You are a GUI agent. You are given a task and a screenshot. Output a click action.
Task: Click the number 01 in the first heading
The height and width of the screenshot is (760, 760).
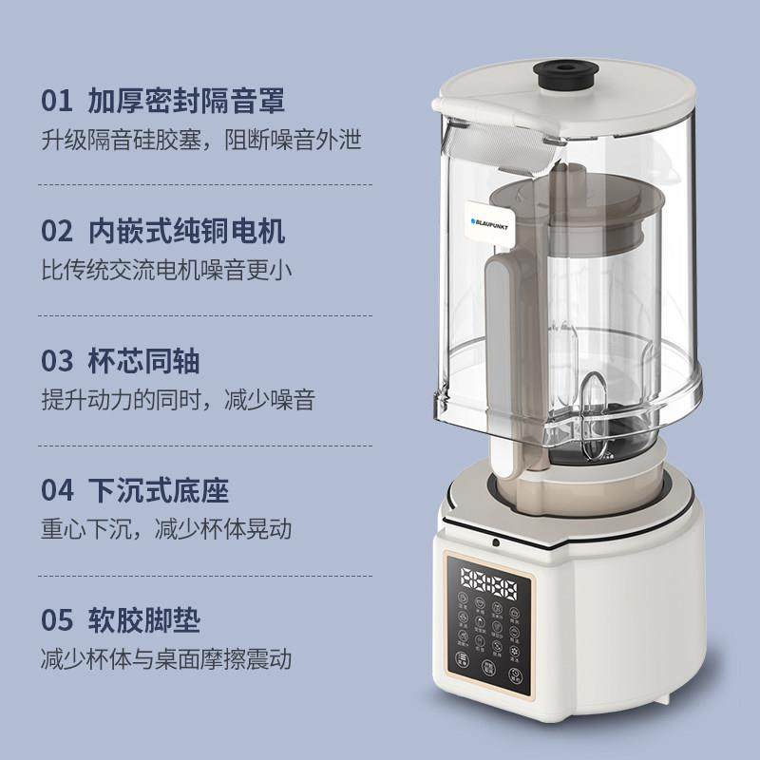pos(57,101)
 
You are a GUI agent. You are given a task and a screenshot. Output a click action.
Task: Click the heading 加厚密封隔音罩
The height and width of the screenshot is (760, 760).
pos(186,101)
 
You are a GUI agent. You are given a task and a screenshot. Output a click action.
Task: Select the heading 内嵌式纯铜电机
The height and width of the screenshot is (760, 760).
pos(186,231)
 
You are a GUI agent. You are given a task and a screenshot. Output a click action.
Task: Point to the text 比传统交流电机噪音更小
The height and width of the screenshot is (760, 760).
pos(166,270)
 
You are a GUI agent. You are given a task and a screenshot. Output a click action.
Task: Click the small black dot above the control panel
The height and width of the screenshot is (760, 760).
pos(494,544)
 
